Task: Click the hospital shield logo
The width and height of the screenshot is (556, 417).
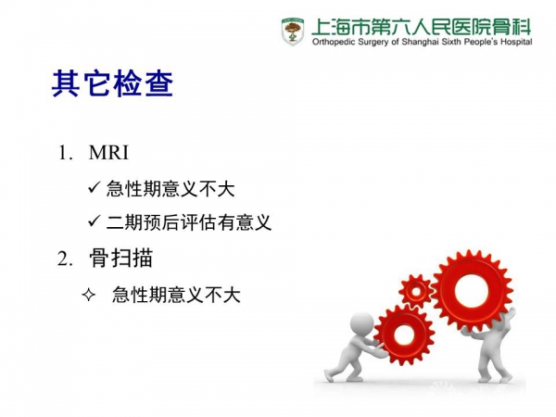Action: coord(293,32)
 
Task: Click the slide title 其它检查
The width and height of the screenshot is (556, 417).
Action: coord(112,83)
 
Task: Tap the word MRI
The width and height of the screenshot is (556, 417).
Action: coord(108,153)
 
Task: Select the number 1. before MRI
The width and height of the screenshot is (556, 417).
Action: coord(66,153)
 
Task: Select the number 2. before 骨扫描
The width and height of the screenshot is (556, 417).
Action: coord(66,259)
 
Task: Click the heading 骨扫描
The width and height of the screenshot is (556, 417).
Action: coord(120,258)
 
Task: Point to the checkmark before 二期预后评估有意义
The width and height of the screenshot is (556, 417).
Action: coord(95,221)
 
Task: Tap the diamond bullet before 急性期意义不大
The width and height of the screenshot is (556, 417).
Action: coord(89,295)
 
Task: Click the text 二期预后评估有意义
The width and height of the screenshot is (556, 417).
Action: coord(189,222)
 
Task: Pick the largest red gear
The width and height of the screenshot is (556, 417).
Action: coord(472,292)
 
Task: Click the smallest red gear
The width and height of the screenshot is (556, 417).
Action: coord(416,292)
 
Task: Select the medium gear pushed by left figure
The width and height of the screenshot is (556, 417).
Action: coord(404,335)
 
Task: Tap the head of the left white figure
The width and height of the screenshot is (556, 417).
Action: coord(362,323)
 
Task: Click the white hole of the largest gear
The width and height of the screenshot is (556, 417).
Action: coord(472,292)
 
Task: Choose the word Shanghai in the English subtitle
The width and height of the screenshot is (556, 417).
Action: coord(419,42)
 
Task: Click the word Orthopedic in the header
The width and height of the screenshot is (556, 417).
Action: coord(334,42)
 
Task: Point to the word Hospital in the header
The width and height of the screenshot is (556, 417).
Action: coord(516,42)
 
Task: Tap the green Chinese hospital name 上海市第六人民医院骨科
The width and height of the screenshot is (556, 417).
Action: coord(422,27)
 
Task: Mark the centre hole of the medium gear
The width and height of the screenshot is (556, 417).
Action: coord(404,335)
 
